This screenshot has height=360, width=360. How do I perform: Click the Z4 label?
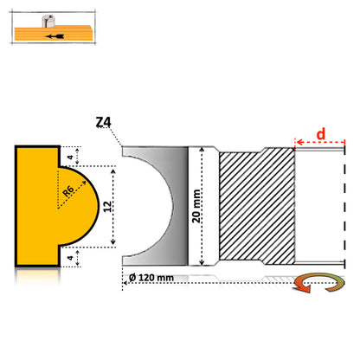(x=103, y=122)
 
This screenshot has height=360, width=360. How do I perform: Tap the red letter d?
(x=321, y=134)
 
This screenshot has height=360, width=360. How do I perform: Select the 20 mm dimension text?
(x=196, y=206)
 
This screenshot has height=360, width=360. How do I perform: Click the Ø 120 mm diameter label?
(x=151, y=278)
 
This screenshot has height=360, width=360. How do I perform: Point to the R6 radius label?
(x=68, y=191)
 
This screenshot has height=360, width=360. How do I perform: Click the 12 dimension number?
(x=107, y=207)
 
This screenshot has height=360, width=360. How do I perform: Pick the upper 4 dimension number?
(x=70, y=157)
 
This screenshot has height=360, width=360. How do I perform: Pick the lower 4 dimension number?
(x=70, y=257)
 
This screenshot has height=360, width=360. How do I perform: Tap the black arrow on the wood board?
(x=55, y=36)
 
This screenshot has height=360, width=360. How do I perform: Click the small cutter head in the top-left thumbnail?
(x=48, y=22)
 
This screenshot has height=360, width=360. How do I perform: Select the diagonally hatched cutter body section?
(x=257, y=206)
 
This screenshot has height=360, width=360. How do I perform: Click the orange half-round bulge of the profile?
(x=79, y=206)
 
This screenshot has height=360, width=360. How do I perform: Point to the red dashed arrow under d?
(x=320, y=142)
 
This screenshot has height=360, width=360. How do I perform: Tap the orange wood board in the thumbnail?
(x=54, y=34)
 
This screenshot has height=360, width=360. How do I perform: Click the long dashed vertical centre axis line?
(x=344, y=207)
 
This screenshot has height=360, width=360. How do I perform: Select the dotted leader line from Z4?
(x=113, y=136)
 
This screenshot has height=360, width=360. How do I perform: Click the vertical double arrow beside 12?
(x=113, y=207)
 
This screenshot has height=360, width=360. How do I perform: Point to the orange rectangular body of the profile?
(x=37, y=206)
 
